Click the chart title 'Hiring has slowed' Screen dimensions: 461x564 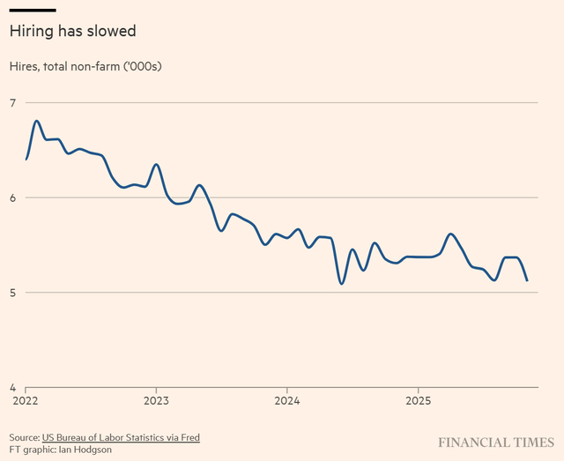click(x=72, y=31)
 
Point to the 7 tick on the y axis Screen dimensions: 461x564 click(x=13, y=103)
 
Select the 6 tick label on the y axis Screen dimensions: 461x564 click(x=13, y=197)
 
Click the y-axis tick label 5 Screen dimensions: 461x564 click(x=13, y=292)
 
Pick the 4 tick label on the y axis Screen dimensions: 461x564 click(x=13, y=387)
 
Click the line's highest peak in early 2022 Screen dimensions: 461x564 click(x=36, y=121)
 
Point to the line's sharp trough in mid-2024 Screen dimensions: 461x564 click(x=341, y=283)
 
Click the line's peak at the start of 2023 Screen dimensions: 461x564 click(x=156, y=165)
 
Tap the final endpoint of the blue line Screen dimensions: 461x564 click(x=527, y=280)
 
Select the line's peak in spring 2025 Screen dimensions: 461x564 click(x=450, y=234)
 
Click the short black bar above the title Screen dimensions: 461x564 click(x=33, y=10)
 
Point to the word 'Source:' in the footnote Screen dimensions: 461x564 click(x=25, y=438)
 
